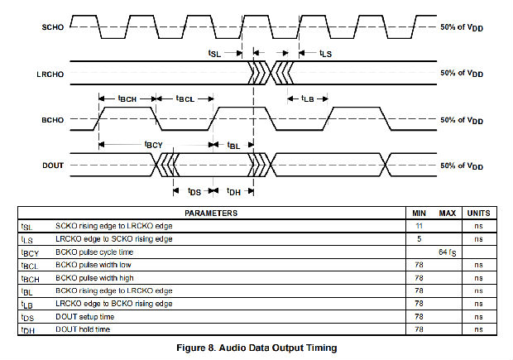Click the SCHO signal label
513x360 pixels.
[x=52, y=26]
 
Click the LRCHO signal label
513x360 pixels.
[x=49, y=74]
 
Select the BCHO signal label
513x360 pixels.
[x=51, y=120]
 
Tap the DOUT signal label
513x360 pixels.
[x=51, y=166]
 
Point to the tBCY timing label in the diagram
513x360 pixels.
[x=154, y=145]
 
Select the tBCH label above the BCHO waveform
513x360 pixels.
[x=127, y=98]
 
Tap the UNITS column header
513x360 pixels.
[x=479, y=214]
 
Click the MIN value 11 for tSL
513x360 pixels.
[x=419, y=226]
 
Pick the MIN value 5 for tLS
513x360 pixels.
[x=420, y=238]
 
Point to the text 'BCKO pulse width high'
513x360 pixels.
[x=96, y=277]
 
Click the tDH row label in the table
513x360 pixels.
[x=27, y=330]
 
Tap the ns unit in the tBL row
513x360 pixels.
[x=479, y=291]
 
